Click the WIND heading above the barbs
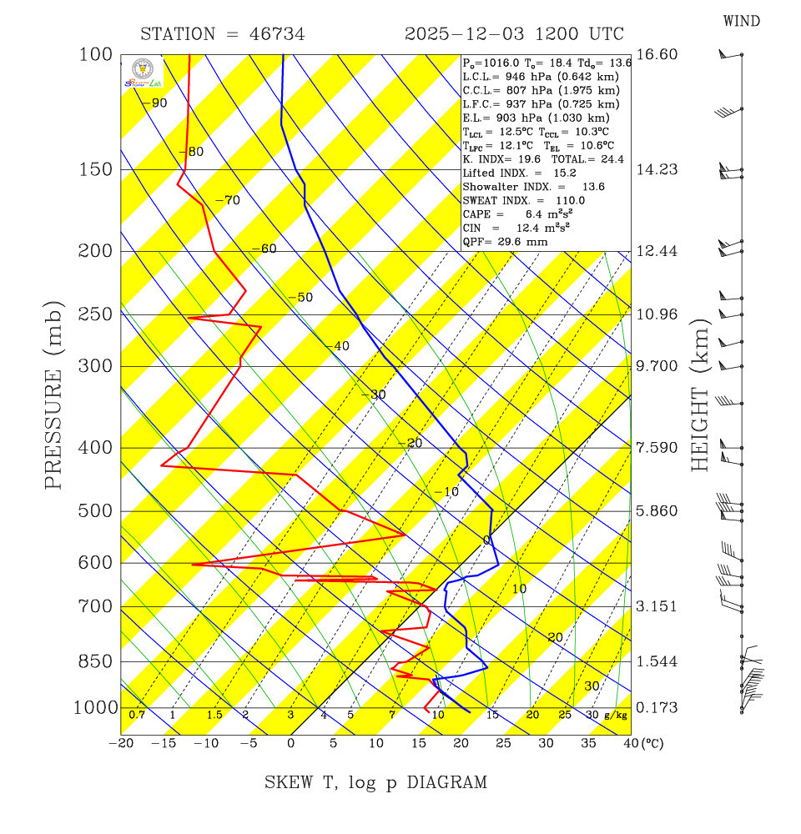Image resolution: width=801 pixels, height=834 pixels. click(741, 21)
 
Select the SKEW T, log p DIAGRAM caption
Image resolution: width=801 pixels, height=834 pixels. click(375, 782)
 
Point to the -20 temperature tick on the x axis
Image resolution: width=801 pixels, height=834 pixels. click(122, 743)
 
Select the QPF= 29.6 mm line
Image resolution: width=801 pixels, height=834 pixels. click(505, 240)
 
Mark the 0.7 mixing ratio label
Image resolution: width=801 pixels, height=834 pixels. click(137, 715)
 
